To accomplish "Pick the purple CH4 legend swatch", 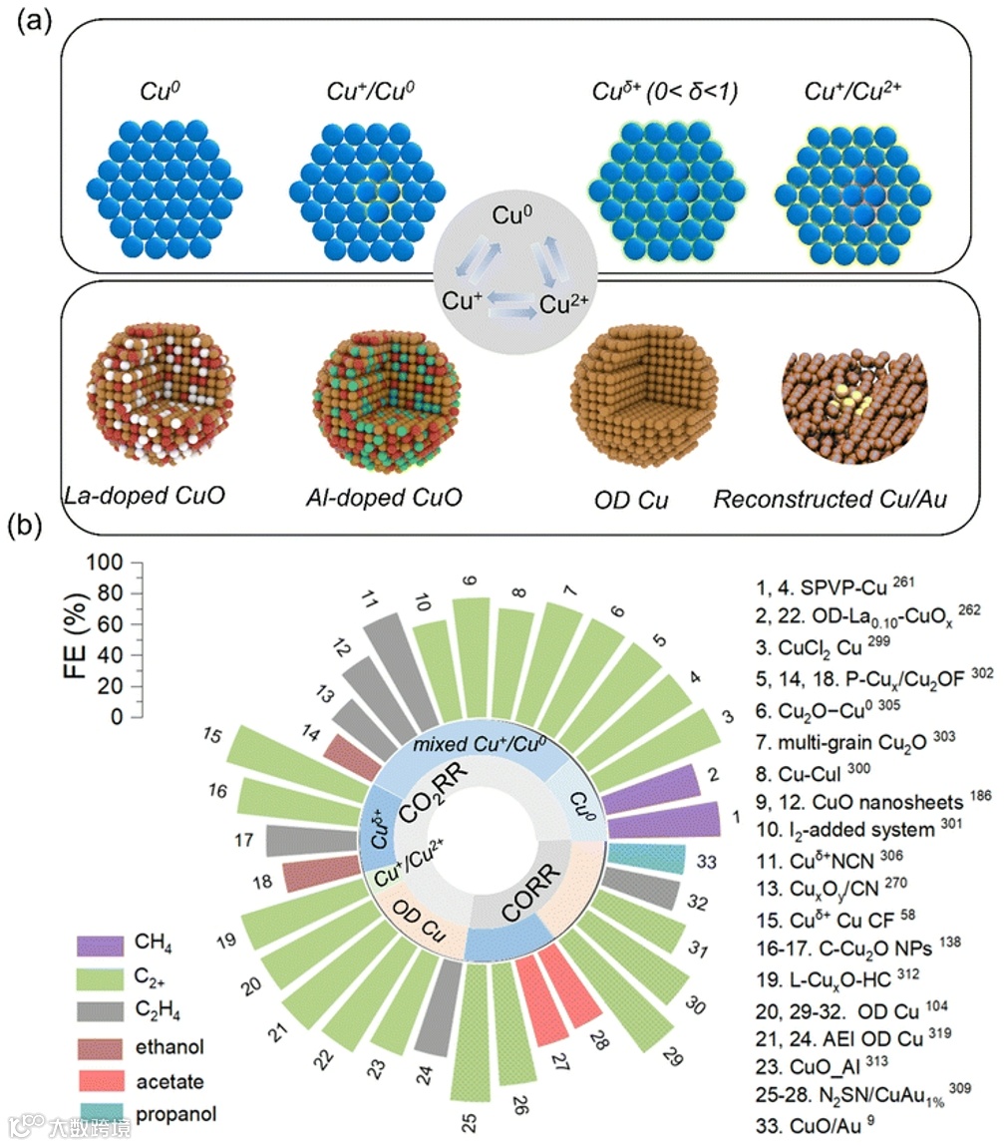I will point(102,944).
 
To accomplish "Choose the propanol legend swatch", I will point(102,1112).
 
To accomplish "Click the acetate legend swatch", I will point(102,1078).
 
